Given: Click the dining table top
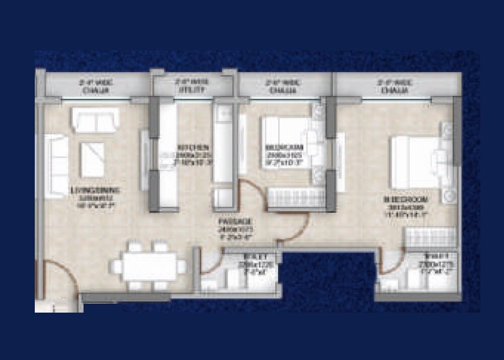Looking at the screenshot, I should [149, 266].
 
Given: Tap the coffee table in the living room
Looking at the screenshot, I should [92, 160].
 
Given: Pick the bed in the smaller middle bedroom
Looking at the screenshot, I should [284, 143].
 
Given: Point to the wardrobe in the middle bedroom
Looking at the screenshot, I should [295, 199].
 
